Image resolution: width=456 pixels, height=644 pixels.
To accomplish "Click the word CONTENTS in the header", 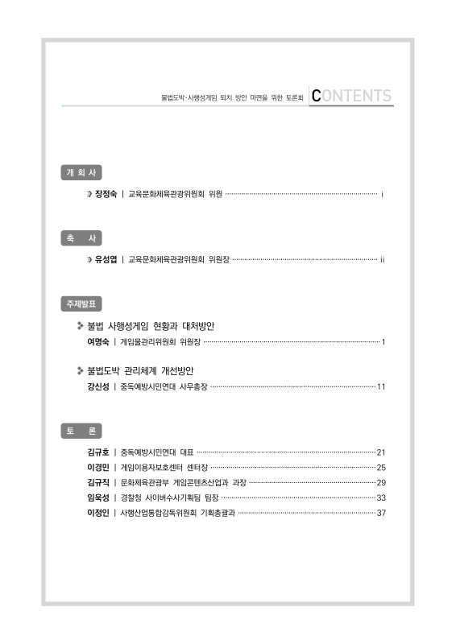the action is [351, 97].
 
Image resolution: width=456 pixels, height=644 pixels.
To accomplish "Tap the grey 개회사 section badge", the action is [81, 173].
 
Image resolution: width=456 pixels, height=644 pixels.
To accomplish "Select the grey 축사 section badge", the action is [81, 239].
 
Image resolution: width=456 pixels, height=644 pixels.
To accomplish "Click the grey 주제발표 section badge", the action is [81, 304].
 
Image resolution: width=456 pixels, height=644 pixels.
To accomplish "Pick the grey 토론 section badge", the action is [81, 431].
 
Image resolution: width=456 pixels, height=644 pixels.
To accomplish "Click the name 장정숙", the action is [106, 195].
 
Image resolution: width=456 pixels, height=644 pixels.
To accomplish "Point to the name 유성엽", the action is [106, 260].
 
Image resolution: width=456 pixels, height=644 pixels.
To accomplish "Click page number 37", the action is [382, 514].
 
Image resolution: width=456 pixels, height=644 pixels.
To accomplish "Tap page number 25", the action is [382, 468].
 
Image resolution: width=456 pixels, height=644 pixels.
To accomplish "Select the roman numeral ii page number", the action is [383, 260].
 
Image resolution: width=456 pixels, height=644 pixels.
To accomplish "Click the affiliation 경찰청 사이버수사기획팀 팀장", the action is [168, 498].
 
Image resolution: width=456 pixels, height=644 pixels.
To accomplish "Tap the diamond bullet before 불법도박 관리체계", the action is [81, 371].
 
